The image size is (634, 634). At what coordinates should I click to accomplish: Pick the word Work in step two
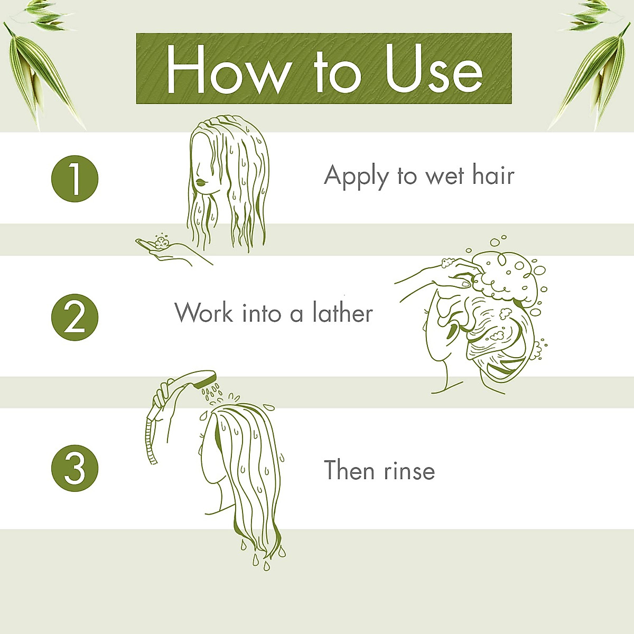point(204,313)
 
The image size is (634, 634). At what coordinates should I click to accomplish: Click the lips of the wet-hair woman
point(201,182)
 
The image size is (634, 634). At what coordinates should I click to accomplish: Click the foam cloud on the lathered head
point(507,277)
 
